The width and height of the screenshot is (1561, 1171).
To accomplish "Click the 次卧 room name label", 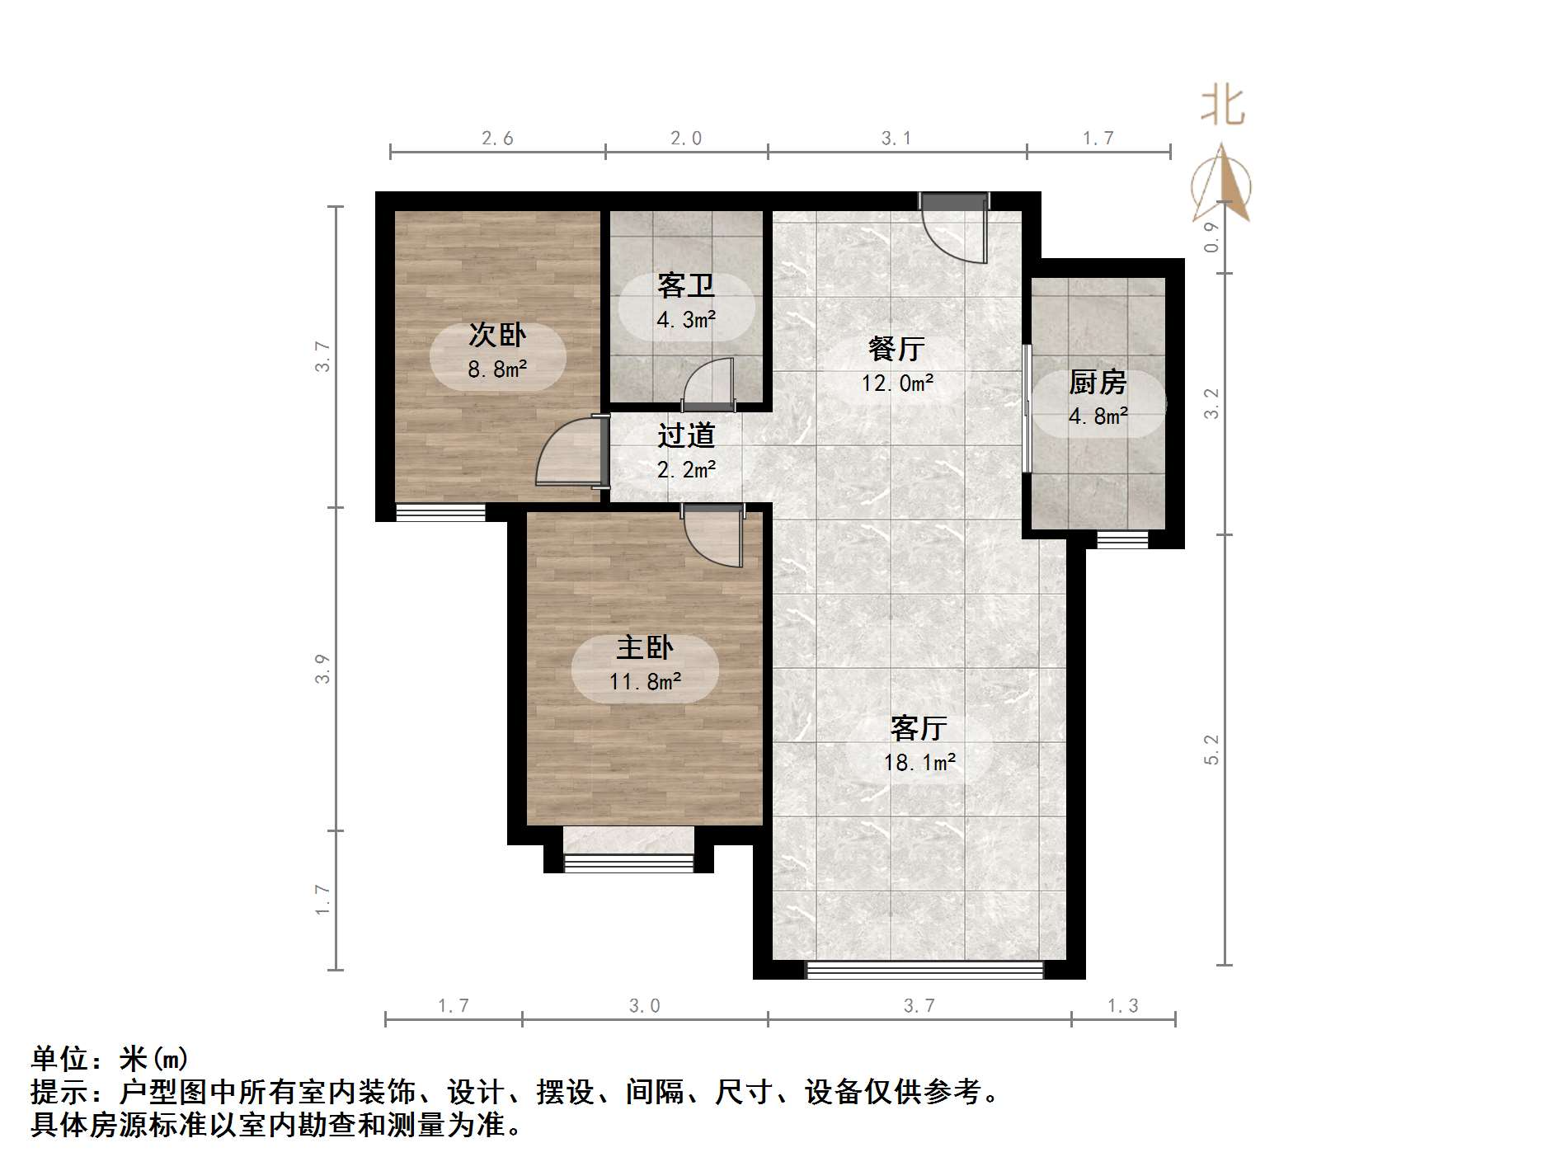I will click(x=497, y=336).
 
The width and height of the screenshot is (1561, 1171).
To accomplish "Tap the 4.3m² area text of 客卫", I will click(x=686, y=320).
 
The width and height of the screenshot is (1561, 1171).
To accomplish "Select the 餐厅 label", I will click(x=896, y=349).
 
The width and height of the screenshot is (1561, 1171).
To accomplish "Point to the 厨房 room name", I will click(x=1098, y=383).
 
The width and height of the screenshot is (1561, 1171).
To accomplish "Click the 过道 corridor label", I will click(x=686, y=435).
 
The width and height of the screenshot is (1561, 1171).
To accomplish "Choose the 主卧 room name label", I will click(x=645, y=647).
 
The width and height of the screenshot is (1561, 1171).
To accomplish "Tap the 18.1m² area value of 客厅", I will click(x=919, y=763).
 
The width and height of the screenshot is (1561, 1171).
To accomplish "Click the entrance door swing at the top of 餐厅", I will click(x=955, y=229).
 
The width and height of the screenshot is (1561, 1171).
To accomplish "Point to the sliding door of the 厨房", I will click(x=1027, y=408).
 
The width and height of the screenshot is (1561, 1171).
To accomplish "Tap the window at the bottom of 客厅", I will click(x=924, y=971).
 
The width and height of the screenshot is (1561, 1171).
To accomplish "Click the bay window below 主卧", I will click(x=628, y=863).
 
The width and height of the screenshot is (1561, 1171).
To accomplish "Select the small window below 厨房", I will click(x=1122, y=540).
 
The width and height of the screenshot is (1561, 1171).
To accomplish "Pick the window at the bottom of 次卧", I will click(x=440, y=513).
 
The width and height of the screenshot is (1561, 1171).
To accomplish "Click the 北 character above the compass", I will click(x=1222, y=108).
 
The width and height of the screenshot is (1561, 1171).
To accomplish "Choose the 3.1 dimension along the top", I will click(x=896, y=139).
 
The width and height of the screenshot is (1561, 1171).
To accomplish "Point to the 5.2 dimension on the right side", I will click(x=1211, y=750).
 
